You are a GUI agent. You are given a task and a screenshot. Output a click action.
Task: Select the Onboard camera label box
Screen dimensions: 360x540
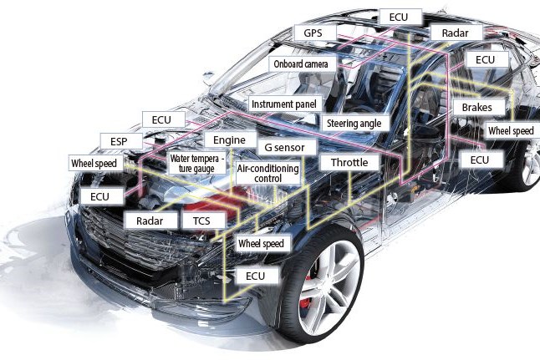pyautogui.click(x=303, y=63)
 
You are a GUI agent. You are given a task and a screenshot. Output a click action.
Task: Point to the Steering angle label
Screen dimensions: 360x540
pyautogui.click(x=353, y=124)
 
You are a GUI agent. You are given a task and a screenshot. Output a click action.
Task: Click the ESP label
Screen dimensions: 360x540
pyautogui.click(x=114, y=139)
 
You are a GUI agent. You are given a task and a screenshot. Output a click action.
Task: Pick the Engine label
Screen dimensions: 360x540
pyautogui.click(x=228, y=139)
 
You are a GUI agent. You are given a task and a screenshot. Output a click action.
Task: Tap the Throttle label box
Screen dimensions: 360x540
pyautogui.click(x=349, y=162)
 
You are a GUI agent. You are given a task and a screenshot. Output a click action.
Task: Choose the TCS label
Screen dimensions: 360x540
pyautogui.click(x=201, y=221)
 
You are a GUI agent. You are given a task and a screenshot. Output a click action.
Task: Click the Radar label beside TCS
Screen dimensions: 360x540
pyautogui.click(x=150, y=221)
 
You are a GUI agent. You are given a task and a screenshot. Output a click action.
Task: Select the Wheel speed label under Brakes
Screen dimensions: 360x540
pyautogui.click(x=510, y=132)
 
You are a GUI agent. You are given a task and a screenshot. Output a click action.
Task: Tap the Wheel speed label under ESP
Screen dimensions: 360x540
pyautogui.click(x=94, y=163)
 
